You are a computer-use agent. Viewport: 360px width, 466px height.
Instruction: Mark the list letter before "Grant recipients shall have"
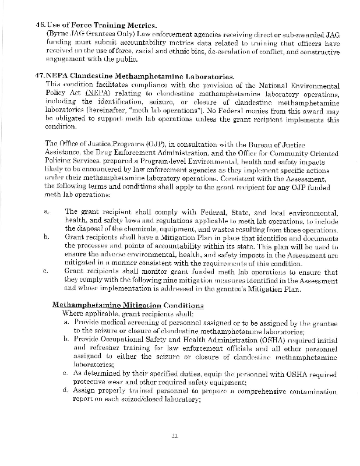click(47, 237)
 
